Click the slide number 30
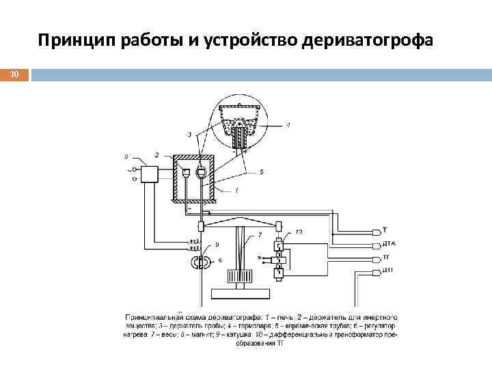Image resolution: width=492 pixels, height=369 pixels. pos(14,74)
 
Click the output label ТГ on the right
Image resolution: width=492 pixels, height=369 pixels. pos(385,258)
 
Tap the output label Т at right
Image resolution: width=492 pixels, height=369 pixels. pos(383,230)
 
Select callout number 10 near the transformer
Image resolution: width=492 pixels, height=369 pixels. pos(299,232)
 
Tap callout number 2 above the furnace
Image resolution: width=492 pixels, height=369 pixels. pos(157,155)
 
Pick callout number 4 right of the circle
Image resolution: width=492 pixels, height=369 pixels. pos(288,125)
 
